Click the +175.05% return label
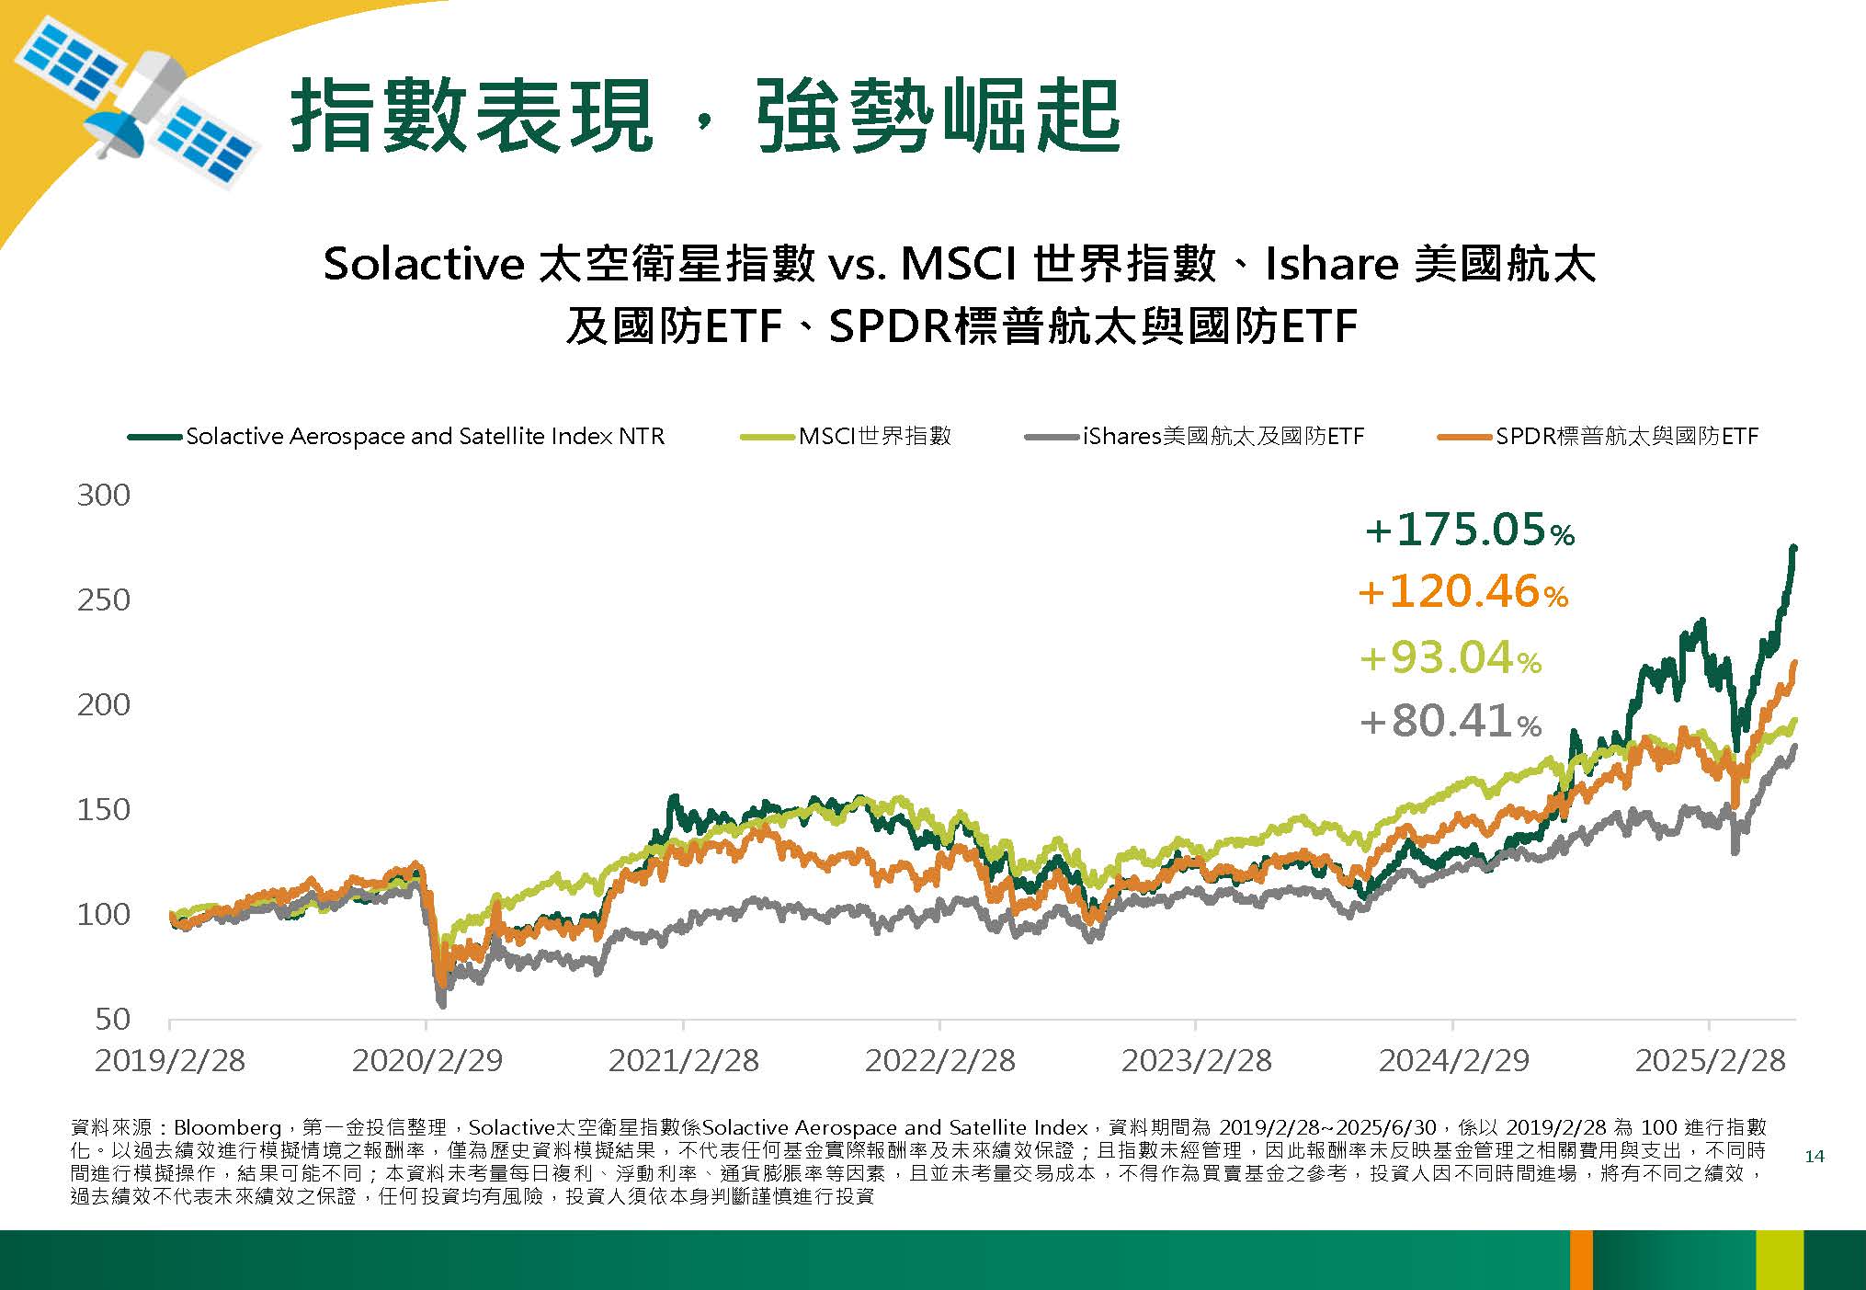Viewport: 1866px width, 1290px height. click(1470, 531)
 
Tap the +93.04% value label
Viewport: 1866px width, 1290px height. click(1451, 658)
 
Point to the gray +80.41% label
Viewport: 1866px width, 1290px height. click(1451, 721)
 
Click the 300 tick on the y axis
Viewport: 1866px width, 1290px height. click(103, 496)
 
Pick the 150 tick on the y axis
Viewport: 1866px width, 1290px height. click(103, 810)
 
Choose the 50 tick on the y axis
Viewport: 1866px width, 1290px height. click(112, 1019)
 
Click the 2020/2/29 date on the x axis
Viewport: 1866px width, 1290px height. click(427, 1060)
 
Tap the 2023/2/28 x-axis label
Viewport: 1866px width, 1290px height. click(1196, 1060)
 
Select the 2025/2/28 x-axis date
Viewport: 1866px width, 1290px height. click(1710, 1060)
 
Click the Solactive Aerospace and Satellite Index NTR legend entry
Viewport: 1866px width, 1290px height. click(396, 436)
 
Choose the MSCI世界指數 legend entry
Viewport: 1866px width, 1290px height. click(846, 436)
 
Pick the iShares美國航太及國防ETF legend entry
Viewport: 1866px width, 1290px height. click(1194, 436)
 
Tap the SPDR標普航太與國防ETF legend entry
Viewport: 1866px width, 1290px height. click(1598, 436)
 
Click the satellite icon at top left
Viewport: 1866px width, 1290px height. click(135, 106)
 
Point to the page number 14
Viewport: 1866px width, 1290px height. click(1814, 1157)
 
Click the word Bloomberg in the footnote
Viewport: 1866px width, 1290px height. click(227, 1127)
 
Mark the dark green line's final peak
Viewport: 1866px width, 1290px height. click(1793, 548)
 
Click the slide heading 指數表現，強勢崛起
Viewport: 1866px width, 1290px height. click(705, 116)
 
